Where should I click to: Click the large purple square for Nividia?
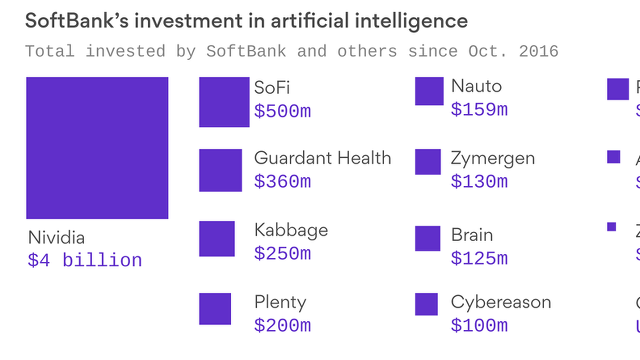point(97,148)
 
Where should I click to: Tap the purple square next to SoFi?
point(224,102)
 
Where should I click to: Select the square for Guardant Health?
point(220,170)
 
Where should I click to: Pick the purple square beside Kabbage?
point(217,239)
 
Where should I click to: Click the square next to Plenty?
point(215,309)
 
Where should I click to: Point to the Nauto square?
point(429,91)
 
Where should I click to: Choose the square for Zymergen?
point(428,162)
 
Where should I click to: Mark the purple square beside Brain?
point(427,238)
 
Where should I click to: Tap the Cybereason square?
point(426,304)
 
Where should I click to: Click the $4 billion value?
point(85,260)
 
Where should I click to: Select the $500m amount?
point(282,111)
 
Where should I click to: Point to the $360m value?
point(282,182)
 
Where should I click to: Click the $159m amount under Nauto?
point(479,110)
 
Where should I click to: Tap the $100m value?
point(479,325)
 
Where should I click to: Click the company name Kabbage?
point(291,230)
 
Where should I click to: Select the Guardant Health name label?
point(322,158)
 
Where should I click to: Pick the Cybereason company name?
point(501,302)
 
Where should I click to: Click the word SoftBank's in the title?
point(77,21)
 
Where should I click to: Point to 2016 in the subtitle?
point(538,51)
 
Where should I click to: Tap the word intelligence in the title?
point(411,21)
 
